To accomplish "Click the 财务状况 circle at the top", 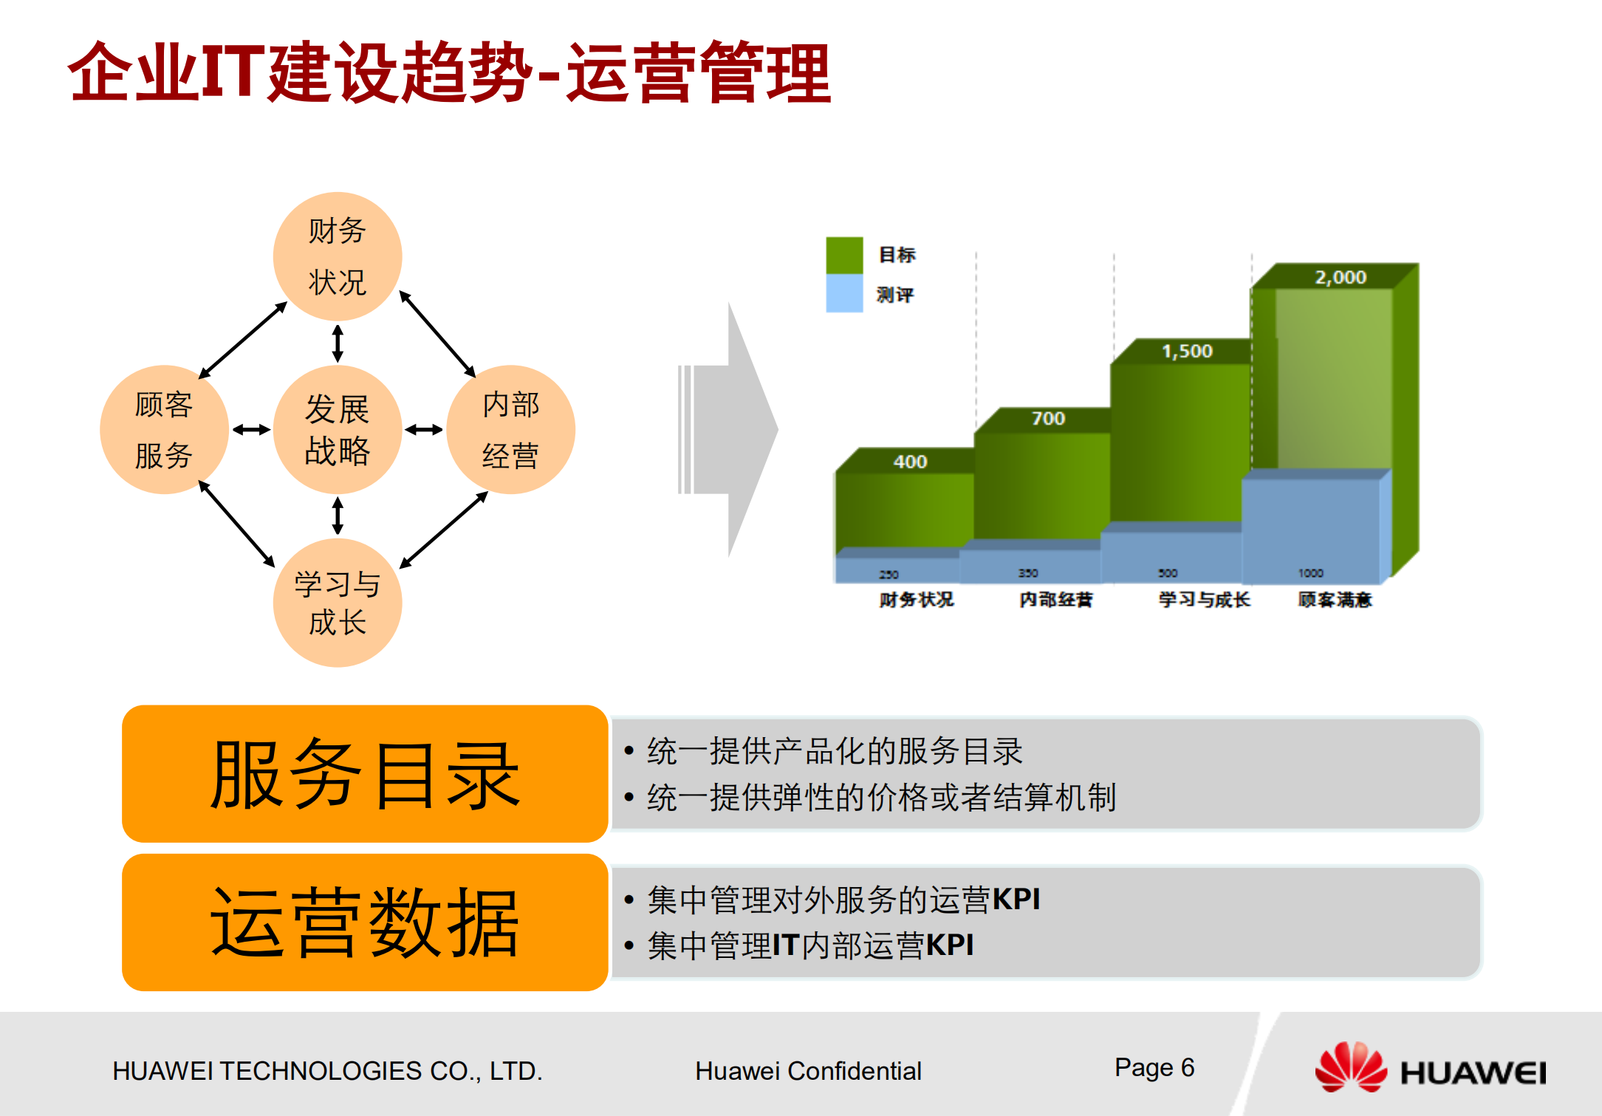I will point(338,256).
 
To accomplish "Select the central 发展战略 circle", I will point(338,429).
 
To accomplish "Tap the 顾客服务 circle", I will point(164,429).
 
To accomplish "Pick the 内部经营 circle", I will point(510,429).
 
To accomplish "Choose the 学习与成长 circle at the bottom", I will point(338,603).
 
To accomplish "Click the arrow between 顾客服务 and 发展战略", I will point(251,429).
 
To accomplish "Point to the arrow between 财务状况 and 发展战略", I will point(338,343).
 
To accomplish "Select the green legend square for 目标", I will point(844,255).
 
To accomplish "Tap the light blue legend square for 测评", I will point(844,294).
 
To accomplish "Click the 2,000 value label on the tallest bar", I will point(1340,277).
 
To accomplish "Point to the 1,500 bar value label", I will point(1187,351).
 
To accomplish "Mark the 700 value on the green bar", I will point(1048,418).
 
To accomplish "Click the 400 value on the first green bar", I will point(909,462).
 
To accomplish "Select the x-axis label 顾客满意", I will point(1335,599).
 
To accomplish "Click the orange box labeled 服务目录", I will point(365,773).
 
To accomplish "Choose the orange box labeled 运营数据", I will point(365,922).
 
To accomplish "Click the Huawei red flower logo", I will point(1350,1067).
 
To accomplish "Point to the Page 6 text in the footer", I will point(1154,1067).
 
